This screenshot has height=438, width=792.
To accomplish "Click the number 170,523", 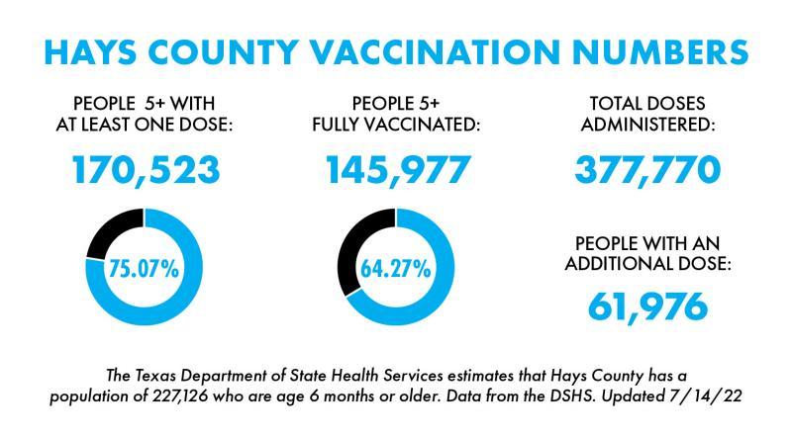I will pyautogui.click(x=146, y=170).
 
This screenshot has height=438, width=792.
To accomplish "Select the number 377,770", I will pyautogui.click(x=648, y=170).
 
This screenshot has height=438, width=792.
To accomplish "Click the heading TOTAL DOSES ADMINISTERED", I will pyautogui.click(x=647, y=115).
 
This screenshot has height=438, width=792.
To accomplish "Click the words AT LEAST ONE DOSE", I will pyautogui.click(x=145, y=126).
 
